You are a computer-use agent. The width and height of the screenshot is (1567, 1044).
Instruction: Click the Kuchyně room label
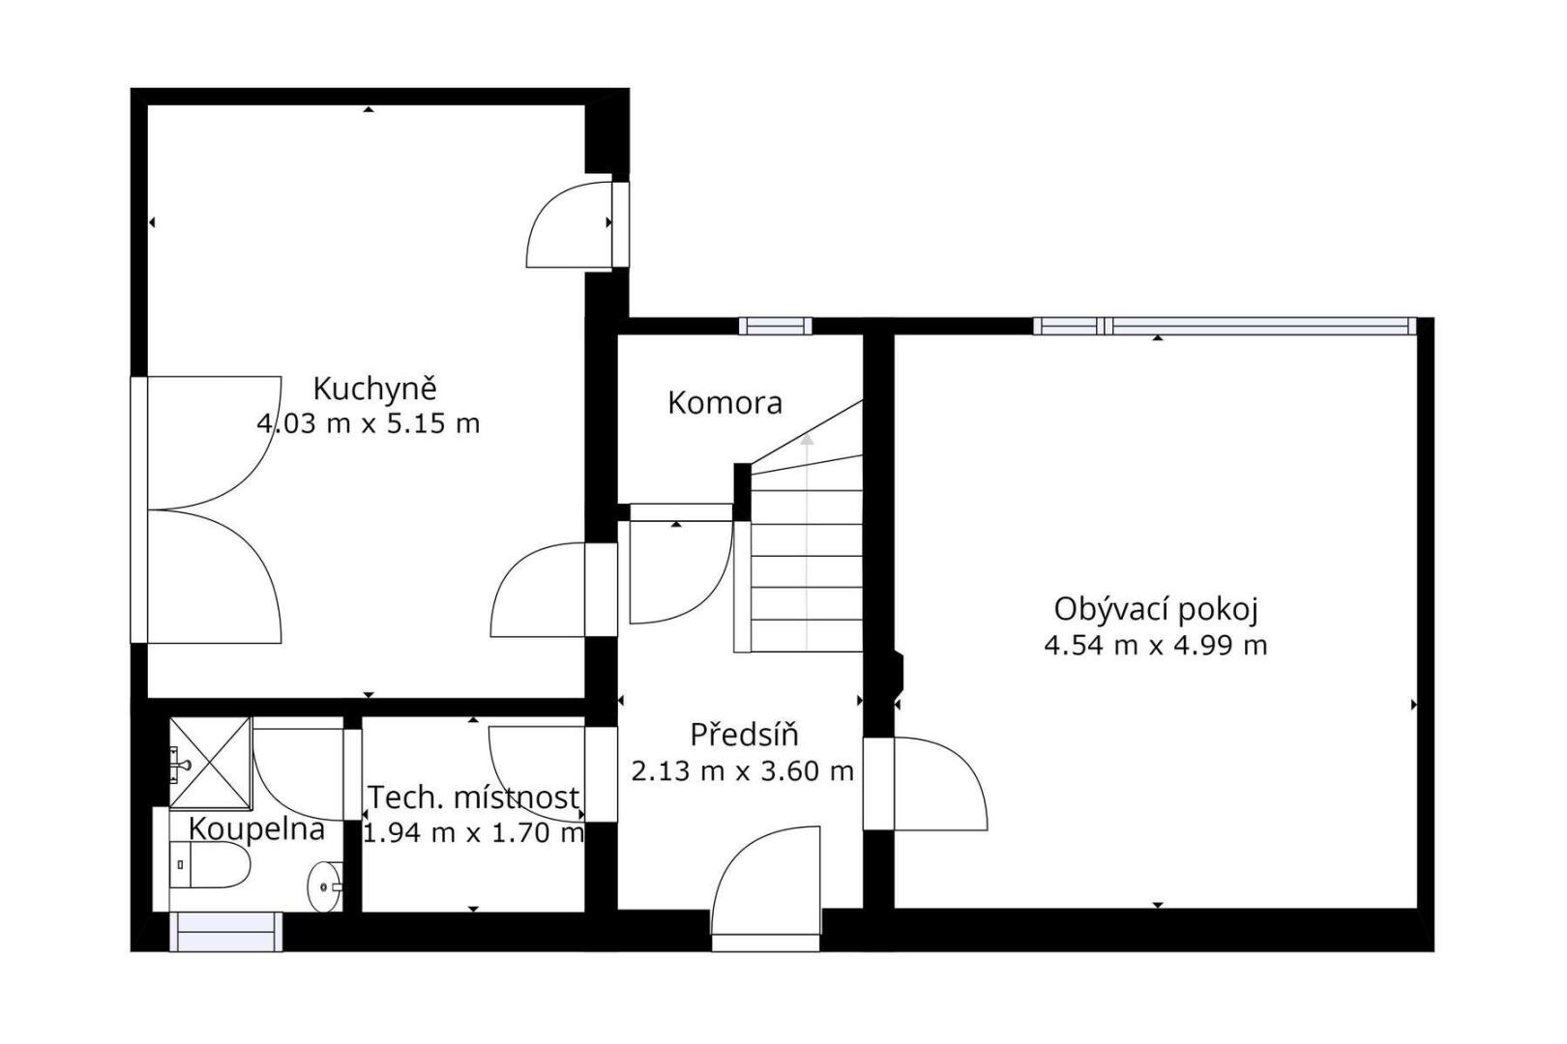pyautogui.click(x=375, y=390)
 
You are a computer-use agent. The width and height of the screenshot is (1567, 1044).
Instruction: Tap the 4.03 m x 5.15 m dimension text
pyautogui.click(x=369, y=423)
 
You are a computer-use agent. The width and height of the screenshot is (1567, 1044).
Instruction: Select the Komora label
pyautogui.click(x=724, y=403)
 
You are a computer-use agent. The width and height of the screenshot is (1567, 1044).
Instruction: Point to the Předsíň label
pyautogui.click(x=745, y=735)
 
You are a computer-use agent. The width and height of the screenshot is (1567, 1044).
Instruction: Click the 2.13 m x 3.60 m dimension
pyautogui.click(x=742, y=771)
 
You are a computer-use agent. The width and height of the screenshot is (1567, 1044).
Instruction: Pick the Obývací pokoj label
pyautogui.click(x=1156, y=610)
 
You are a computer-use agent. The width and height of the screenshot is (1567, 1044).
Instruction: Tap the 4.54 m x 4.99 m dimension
pyautogui.click(x=1156, y=646)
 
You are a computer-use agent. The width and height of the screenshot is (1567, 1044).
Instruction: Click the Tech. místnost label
pyautogui.click(x=474, y=797)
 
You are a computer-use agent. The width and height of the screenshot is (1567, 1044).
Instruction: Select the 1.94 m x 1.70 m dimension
pyautogui.click(x=474, y=833)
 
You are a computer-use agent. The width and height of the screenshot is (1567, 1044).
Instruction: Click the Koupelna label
pyautogui.click(x=256, y=829)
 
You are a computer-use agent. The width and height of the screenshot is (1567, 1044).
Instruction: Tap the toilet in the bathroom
pyautogui.click(x=210, y=864)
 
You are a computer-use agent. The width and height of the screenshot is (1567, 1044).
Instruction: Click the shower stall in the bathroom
pyautogui.click(x=211, y=762)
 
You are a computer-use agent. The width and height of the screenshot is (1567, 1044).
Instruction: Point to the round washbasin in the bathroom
pyautogui.click(x=325, y=886)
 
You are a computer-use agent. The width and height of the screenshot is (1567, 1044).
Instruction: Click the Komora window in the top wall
pyautogui.click(x=776, y=326)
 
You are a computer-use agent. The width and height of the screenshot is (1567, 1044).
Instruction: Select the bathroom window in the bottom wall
pyautogui.click(x=226, y=932)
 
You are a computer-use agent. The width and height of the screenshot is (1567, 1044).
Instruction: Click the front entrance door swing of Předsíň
pyautogui.click(x=765, y=881)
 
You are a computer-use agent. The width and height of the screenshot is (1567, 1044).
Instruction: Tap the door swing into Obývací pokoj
pyautogui.click(x=941, y=783)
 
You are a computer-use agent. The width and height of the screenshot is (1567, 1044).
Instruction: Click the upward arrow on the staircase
pyautogui.click(x=808, y=542)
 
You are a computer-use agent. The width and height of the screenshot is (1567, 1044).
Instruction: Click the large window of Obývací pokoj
pyautogui.click(x=1225, y=326)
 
